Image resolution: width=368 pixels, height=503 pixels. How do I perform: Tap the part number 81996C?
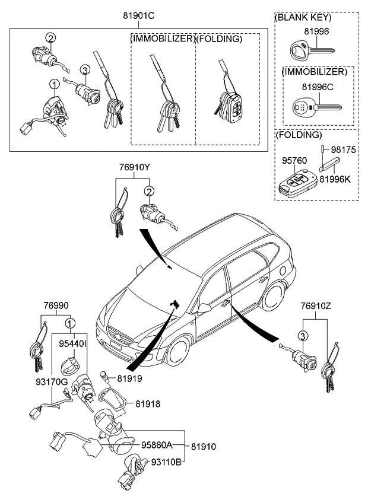(x=316, y=87)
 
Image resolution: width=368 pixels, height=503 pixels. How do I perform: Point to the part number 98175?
(x=343, y=151)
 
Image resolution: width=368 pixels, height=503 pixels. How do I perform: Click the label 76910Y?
(x=132, y=167)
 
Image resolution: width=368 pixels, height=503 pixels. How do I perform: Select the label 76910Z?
(x=315, y=306)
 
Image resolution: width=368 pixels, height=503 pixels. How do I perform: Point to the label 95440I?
(x=72, y=343)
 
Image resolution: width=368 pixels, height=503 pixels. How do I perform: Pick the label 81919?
(x=129, y=377)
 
